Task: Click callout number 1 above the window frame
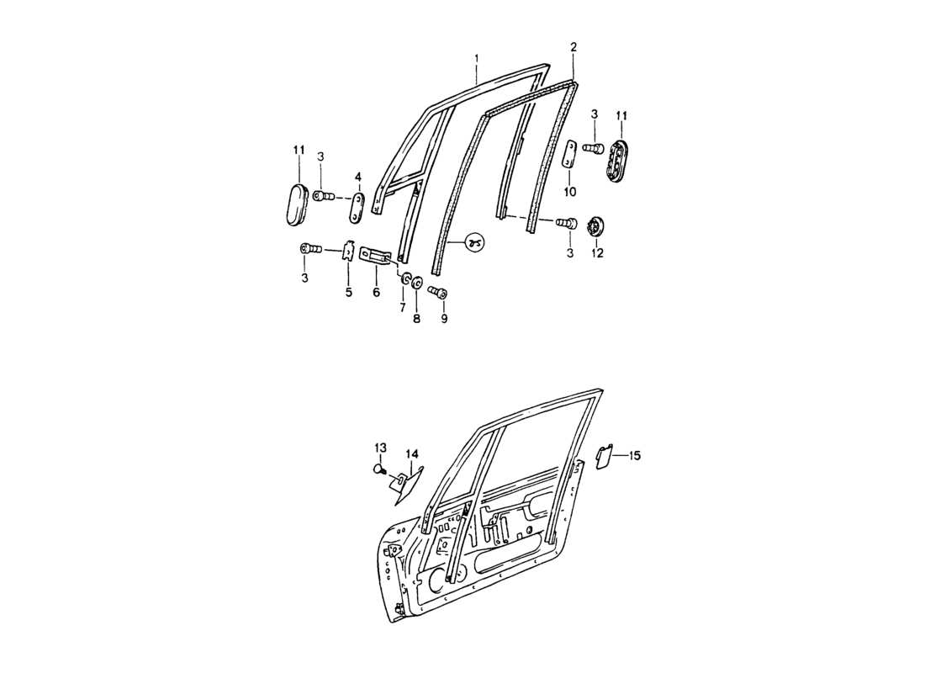click(477, 58)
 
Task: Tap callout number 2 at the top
click(573, 47)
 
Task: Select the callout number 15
click(635, 455)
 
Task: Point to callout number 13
click(380, 447)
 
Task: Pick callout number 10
click(570, 192)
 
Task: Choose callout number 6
click(376, 292)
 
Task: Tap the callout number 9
click(445, 319)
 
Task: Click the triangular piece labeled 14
click(405, 485)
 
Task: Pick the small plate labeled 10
click(570, 156)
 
